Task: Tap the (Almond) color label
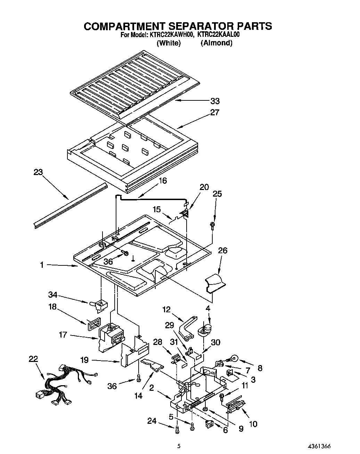coord(216,43)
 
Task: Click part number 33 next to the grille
coord(215,101)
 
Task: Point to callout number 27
coord(215,113)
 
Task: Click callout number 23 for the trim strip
coord(38,172)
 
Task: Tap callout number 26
coord(222,250)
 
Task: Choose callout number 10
coord(253,424)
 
